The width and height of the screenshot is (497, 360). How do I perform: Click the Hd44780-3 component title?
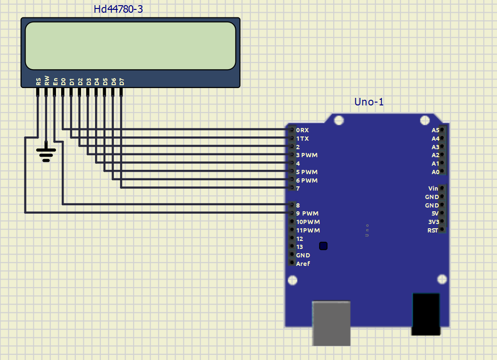pos(118,9)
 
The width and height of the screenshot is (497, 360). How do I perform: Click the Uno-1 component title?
pos(369,102)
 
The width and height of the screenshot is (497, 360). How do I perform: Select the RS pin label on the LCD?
pos(38,82)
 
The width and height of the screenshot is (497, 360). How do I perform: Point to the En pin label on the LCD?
pos(55,81)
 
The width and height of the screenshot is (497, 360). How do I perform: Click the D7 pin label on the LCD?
pos(121,81)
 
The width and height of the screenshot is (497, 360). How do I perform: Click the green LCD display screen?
pos(130,46)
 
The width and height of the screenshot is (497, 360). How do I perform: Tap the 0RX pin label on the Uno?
pos(302,130)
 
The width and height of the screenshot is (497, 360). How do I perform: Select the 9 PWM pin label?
pos(307,214)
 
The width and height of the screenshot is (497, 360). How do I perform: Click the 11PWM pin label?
pos(308,231)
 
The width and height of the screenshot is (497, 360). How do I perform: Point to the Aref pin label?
pos(303,264)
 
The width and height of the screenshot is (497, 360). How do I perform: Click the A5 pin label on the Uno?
pos(435,130)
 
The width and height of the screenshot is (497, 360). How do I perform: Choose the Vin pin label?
pos(433,188)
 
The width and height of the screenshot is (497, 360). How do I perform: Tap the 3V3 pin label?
pos(433,222)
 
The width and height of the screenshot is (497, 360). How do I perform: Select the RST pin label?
pos(432,230)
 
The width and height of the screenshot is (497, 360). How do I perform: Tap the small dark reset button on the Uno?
pos(323,246)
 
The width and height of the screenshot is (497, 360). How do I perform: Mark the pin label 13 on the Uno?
pos(299,247)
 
